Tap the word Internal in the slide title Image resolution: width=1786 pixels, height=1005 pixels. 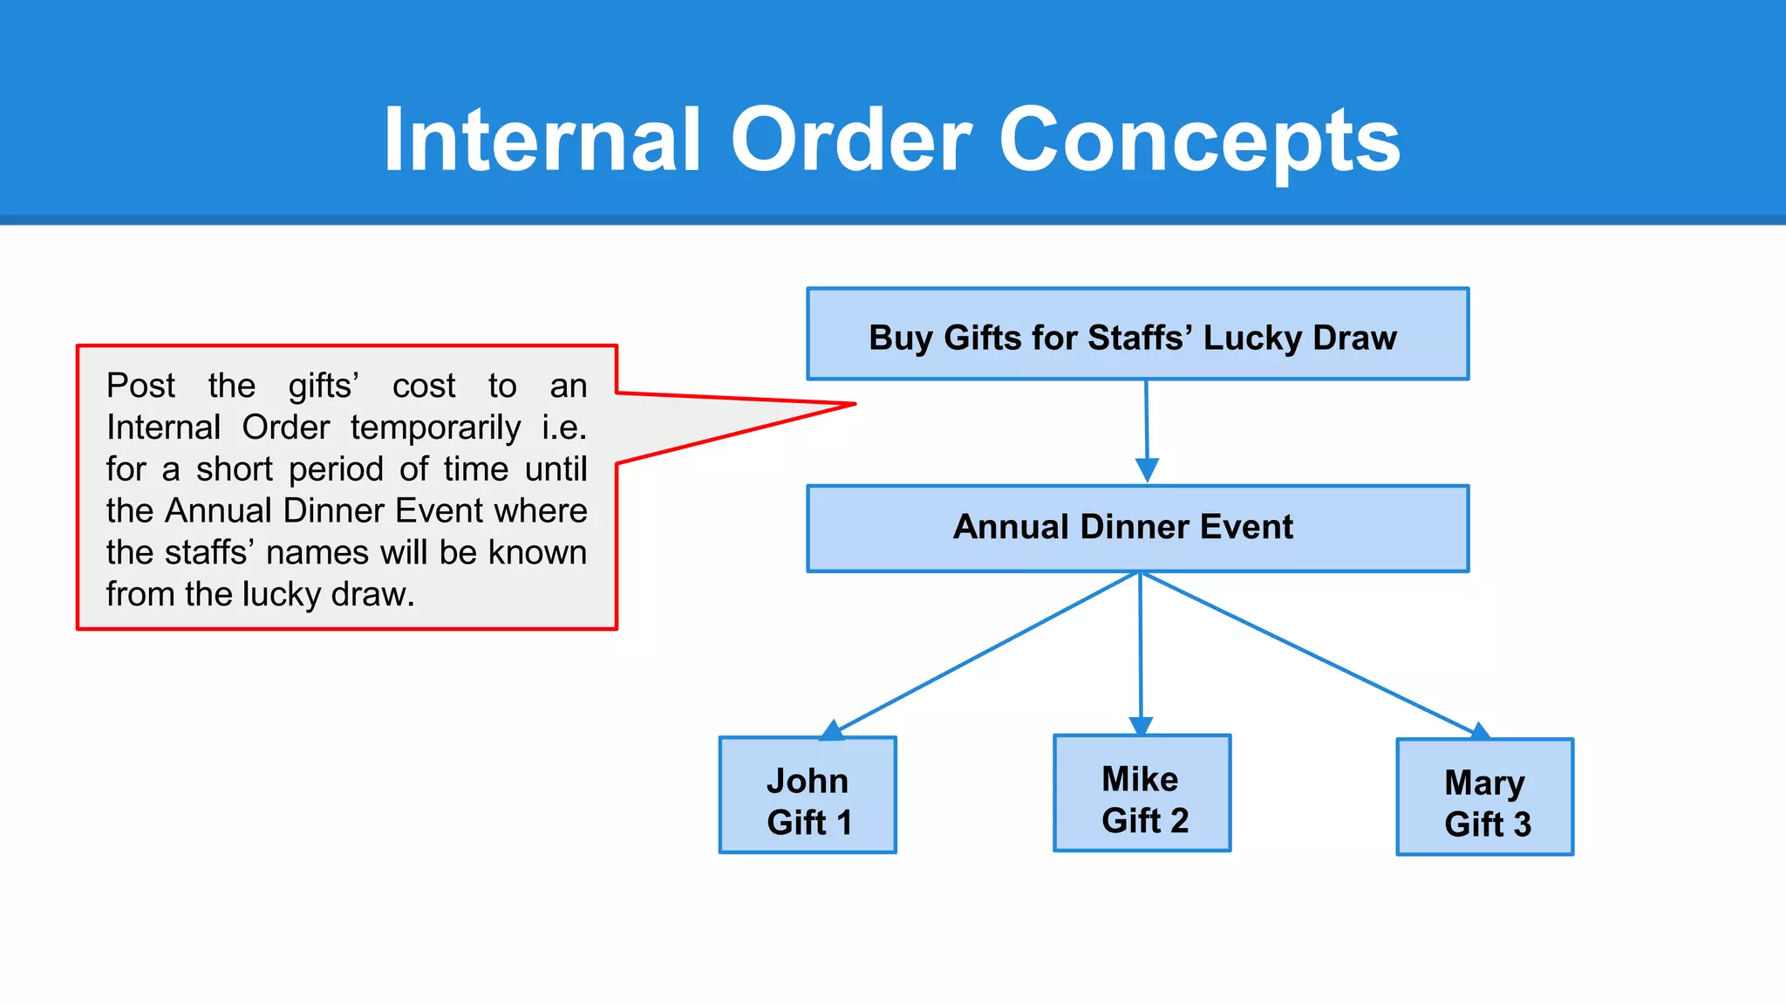pyautogui.click(x=542, y=140)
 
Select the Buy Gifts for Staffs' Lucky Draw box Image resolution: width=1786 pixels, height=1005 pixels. pyautogui.click(x=1137, y=335)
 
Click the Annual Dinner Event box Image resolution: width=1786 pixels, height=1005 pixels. pyautogui.click(x=1137, y=529)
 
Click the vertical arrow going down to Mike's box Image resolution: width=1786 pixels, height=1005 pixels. pyautogui.click(x=1141, y=646)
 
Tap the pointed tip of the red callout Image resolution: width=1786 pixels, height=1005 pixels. pyautogui.click(x=852, y=405)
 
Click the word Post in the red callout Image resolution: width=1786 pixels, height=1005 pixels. pyautogui.click(x=140, y=386)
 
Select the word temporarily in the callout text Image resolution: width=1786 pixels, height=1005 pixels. pyautogui.click(x=435, y=427)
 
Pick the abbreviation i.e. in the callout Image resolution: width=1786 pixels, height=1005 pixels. pyautogui.click(x=563, y=427)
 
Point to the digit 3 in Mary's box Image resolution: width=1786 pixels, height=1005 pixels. pyautogui.click(x=1522, y=824)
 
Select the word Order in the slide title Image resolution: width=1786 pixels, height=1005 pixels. pyautogui.click(x=851, y=140)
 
